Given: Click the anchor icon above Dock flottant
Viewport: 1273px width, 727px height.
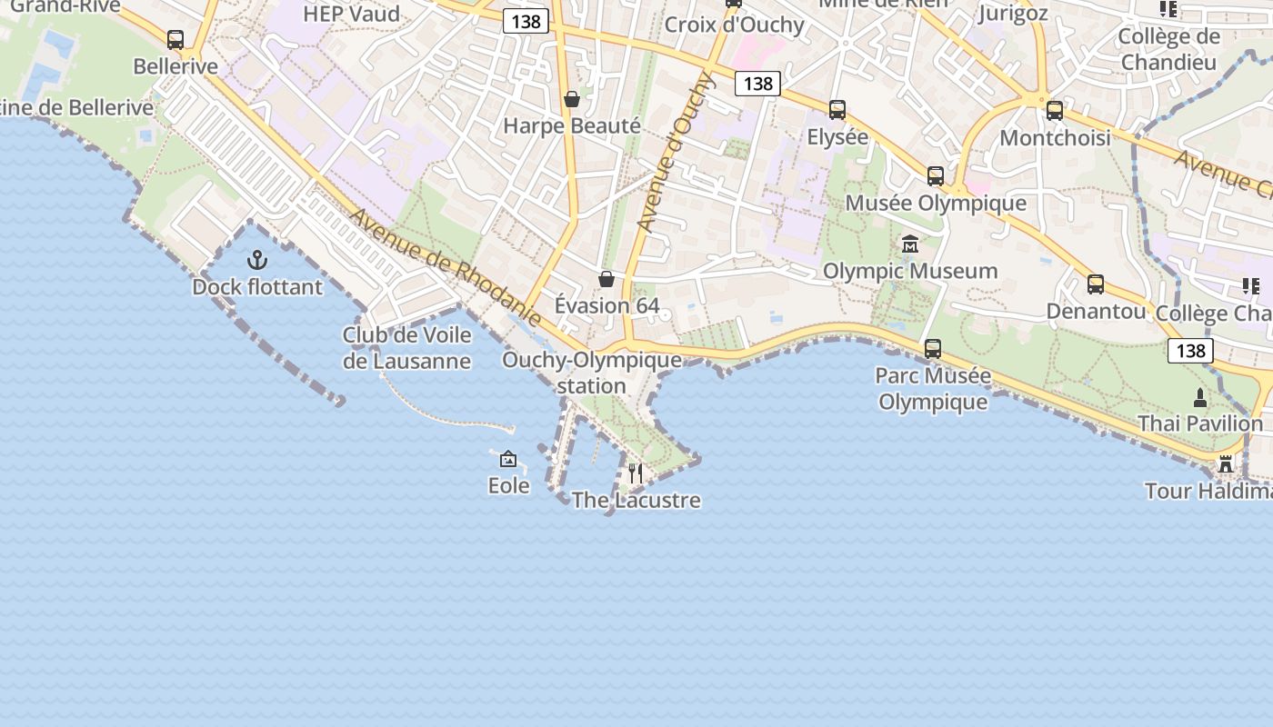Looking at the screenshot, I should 257,261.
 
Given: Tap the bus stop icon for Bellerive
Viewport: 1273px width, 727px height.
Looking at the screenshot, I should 175,40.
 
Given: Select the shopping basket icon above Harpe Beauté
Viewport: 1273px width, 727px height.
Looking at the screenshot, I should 572,99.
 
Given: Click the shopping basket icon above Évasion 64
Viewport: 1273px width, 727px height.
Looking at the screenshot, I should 606,279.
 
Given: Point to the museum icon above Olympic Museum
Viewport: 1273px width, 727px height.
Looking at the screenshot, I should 909,244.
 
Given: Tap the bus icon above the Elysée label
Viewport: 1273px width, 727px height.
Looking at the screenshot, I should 837,110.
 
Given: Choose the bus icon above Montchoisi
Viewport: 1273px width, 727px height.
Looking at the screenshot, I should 1055,111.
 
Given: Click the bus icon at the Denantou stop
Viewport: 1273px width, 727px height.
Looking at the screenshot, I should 1096,284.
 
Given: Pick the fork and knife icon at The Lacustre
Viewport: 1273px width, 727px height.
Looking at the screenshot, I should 636,473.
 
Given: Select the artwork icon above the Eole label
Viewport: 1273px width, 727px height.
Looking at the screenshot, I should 508,459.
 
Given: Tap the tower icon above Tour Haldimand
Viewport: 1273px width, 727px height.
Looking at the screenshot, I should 1226,465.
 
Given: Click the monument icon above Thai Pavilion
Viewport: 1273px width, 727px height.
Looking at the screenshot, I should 1200,397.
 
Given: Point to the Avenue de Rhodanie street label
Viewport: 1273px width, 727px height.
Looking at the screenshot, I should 446,267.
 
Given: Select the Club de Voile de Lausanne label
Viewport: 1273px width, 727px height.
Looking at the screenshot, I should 406,348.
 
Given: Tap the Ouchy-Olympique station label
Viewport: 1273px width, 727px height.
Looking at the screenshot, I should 592,373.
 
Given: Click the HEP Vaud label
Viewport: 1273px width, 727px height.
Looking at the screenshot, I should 351,14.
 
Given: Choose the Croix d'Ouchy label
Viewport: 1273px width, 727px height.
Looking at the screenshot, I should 734,25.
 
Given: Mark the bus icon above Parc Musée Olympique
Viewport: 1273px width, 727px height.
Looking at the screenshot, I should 933,348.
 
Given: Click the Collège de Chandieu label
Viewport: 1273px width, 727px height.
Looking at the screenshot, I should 1168,49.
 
